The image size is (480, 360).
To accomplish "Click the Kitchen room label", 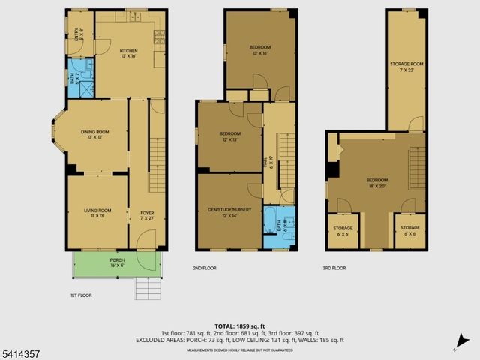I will pyautogui.click(x=130, y=53).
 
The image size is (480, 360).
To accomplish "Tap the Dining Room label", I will pyautogui.click(x=98, y=135).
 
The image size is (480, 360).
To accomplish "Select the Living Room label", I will pyautogui.click(x=97, y=212).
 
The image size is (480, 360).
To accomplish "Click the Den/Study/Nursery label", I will pyautogui.click(x=229, y=212).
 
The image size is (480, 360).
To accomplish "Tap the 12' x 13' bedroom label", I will pyautogui.click(x=229, y=136).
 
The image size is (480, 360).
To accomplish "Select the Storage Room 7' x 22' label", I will pyautogui.click(x=406, y=66).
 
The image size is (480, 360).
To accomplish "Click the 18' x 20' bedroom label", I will pyautogui.click(x=377, y=182).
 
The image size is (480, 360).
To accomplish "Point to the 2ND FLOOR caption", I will pyautogui.click(x=204, y=268).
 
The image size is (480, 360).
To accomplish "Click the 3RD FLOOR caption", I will pyautogui.click(x=334, y=268).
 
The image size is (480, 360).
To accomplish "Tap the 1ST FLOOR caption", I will pyautogui.click(x=72, y=295).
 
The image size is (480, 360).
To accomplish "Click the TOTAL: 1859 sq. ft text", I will pyautogui.click(x=239, y=325).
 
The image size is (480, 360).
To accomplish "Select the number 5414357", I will pyautogui.click(x=16, y=352).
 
